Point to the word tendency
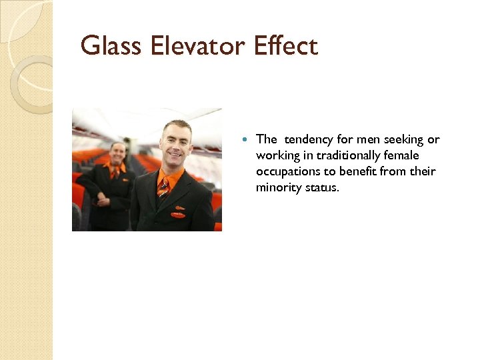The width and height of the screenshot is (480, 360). (309, 139)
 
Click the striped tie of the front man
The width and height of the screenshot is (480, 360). (163, 189)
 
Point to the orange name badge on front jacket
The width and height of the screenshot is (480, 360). (178, 215)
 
